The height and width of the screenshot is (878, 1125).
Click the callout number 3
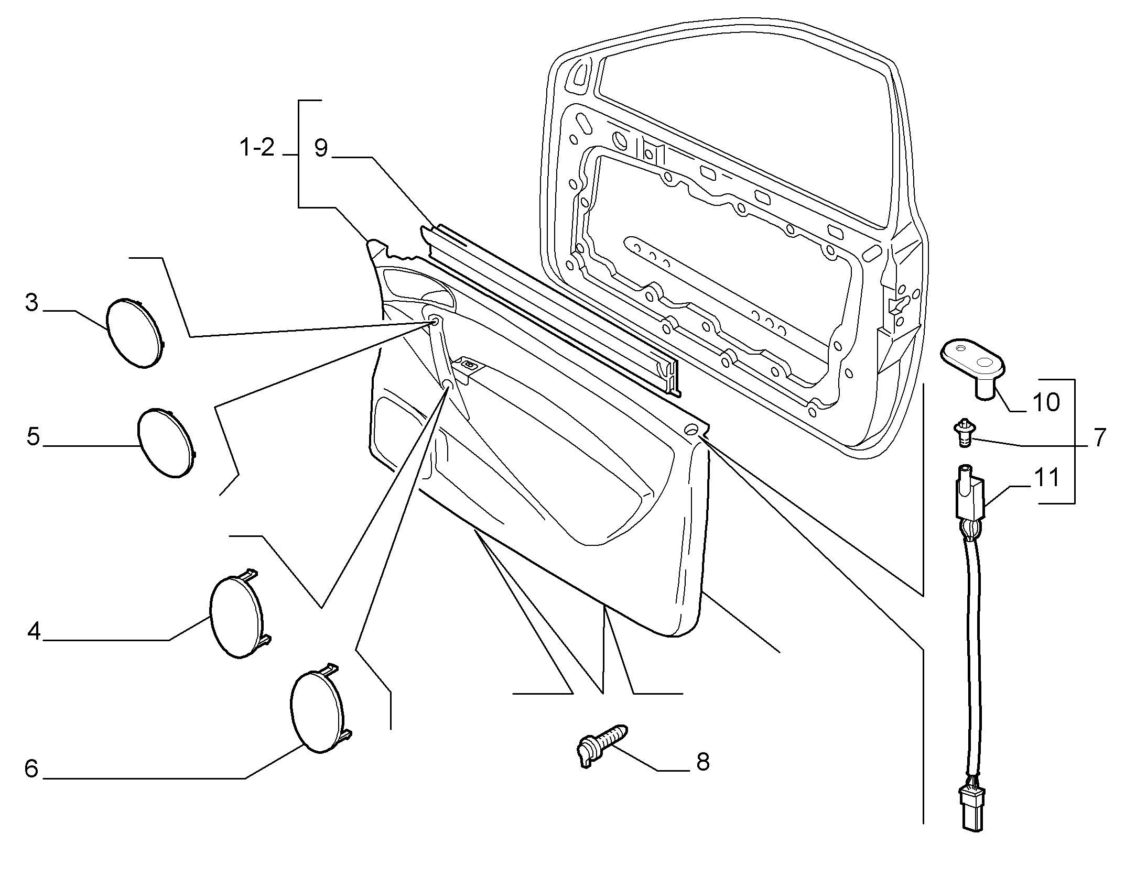32,303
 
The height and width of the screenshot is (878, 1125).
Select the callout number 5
34,436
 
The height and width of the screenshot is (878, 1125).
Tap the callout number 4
34,631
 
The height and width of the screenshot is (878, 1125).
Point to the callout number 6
31,769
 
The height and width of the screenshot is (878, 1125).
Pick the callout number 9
321,148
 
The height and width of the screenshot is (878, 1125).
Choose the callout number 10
1046,402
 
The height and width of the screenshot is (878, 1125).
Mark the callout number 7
1099,437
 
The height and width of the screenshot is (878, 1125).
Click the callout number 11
1046,478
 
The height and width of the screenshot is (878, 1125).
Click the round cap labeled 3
134,333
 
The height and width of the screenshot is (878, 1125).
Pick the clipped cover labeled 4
239,614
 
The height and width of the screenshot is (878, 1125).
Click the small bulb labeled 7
962,432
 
